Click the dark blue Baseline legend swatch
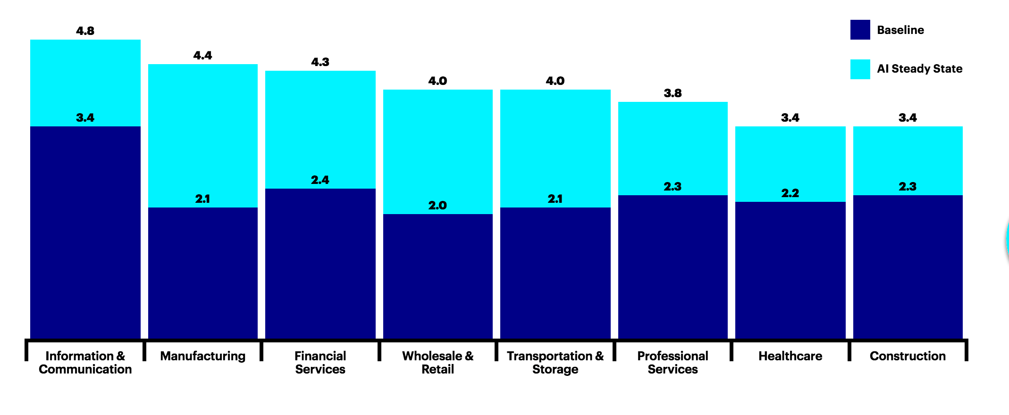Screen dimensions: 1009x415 (x=860, y=30)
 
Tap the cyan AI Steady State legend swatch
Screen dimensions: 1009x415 (x=860, y=69)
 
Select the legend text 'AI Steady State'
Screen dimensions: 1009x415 (x=919, y=69)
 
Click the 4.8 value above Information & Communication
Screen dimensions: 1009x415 (x=85, y=31)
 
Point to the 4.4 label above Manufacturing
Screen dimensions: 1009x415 (x=202, y=56)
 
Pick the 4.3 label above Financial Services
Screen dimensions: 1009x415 (x=320, y=62)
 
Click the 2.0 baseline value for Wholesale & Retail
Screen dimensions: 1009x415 (x=437, y=206)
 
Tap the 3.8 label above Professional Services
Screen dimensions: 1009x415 (x=673, y=93)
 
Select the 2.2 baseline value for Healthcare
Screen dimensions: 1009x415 (x=790, y=193)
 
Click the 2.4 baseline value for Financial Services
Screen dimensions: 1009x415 (x=320, y=180)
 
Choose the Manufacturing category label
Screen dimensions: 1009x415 (x=203, y=356)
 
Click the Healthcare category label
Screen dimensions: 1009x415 (x=790, y=356)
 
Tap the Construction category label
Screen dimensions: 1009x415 (x=908, y=356)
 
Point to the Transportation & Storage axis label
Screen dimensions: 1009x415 (x=555, y=363)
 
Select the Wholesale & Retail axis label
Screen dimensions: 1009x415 (x=438, y=363)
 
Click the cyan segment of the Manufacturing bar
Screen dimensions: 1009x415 (x=203, y=136)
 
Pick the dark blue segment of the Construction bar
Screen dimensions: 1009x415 (x=908, y=267)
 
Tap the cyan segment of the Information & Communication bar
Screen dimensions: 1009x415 (x=85, y=83)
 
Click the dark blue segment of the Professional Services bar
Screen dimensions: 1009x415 (x=673, y=267)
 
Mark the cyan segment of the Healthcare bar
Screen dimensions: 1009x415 (x=790, y=164)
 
